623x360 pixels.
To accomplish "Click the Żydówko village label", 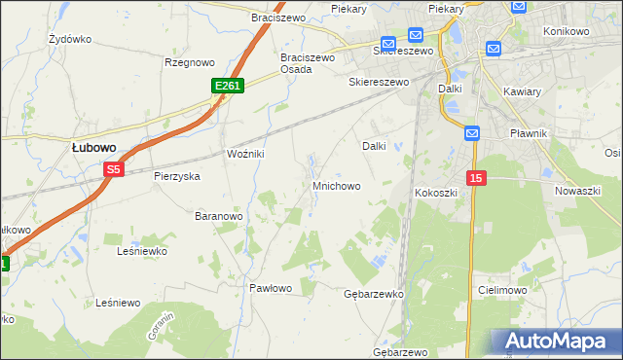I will [x=69, y=40].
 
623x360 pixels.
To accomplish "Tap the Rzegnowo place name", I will [x=189, y=62].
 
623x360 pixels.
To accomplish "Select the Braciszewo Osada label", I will [x=308, y=63].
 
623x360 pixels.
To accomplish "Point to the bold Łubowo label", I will [x=94, y=147].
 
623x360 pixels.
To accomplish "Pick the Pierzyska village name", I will [x=176, y=176].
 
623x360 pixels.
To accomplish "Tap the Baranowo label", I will [x=218, y=215].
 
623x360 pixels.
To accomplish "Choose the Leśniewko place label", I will [x=142, y=251].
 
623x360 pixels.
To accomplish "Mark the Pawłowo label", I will [x=271, y=288].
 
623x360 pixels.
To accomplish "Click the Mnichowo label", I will [x=337, y=185].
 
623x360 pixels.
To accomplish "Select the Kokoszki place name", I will [x=436, y=193].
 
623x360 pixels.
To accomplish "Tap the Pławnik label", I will [x=532, y=132].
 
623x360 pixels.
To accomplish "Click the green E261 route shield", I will [x=227, y=87].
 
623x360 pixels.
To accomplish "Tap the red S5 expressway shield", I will [x=114, y=169].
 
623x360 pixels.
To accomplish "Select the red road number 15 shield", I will [x=475, y=178].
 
